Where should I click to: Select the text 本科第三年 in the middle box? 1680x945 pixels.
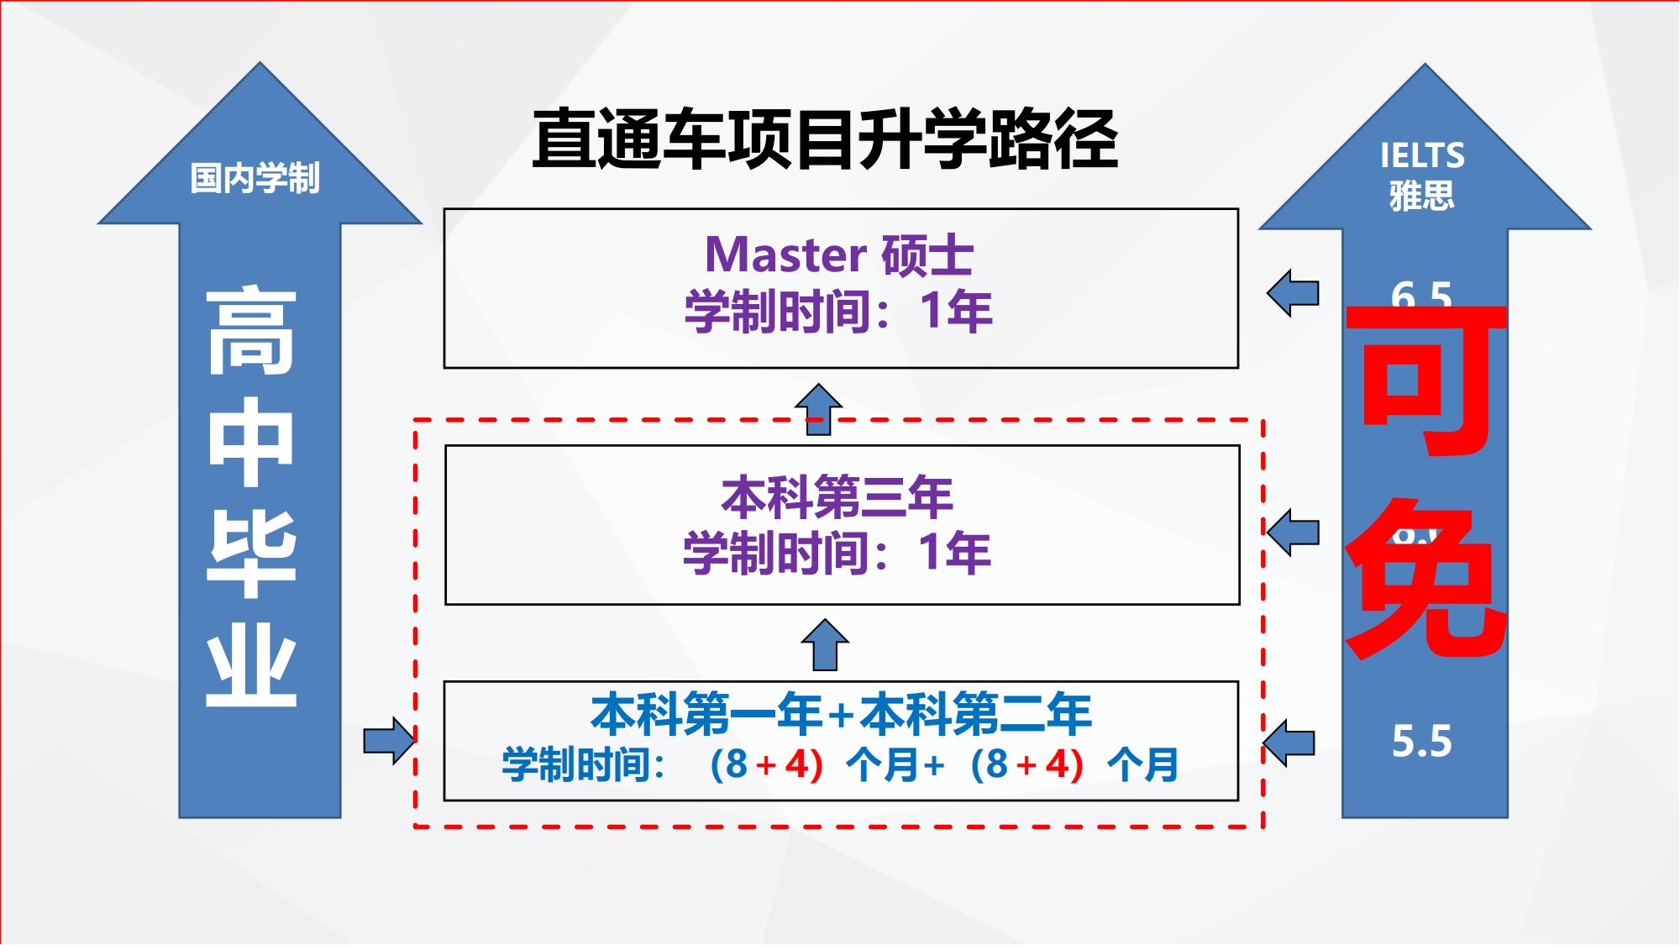(837, 496)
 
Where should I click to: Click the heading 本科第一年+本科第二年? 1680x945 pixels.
(841, 714)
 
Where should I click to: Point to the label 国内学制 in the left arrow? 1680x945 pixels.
(255, 178)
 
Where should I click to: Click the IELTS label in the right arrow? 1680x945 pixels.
(1422, 156)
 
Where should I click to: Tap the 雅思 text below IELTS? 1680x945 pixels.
(1421, 197)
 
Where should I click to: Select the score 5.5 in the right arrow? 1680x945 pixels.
(1421, 742)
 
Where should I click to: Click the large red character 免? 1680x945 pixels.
(1426, 580)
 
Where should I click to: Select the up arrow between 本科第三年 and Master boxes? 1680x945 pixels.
(818, 409)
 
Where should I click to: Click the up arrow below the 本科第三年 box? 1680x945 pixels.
(825, 644)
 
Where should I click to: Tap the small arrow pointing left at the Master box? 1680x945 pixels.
(1293, 293)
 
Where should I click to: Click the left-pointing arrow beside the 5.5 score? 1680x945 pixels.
(1289, 743)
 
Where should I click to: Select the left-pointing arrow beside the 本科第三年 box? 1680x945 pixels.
(1293, 532)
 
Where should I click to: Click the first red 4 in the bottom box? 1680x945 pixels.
(796, 764)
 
